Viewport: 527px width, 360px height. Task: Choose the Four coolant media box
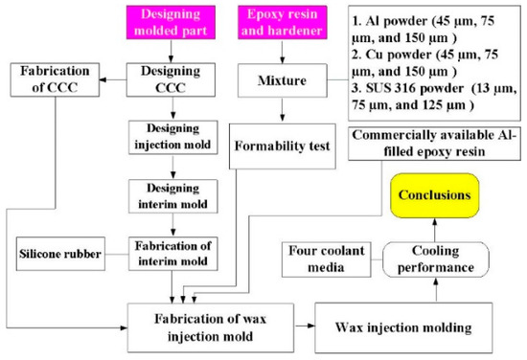[x=323, y=256]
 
